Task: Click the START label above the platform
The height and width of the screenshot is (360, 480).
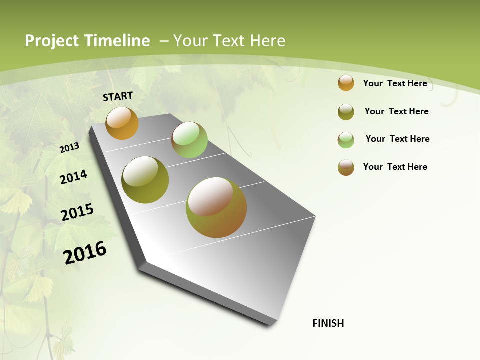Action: (x=118, y=96)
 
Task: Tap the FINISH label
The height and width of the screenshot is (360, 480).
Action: (x=328, y=323)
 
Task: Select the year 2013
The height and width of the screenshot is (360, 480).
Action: (x=69, y=148)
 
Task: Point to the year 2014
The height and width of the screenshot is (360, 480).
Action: (x=73, y=177)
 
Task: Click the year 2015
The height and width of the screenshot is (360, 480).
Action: (x=77, y=212)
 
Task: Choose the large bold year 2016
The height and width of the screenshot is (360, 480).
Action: (x=85, y=253)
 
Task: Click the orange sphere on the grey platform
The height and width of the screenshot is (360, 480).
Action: (x=122, y=123)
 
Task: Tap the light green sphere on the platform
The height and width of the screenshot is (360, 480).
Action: (x=189, y=140)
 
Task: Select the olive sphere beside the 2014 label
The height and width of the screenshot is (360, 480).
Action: (x=145, y=180)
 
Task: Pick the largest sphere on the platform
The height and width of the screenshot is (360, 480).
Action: (x=216, y=207)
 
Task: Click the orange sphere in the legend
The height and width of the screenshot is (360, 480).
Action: (x=346, y=83)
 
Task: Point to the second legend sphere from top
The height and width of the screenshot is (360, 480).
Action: (x=346, y=112)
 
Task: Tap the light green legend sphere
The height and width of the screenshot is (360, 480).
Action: (x=346, y=140)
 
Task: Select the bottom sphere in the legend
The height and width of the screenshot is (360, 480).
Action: (x=346, y=167)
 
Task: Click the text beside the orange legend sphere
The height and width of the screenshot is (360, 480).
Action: (x=395, y=83)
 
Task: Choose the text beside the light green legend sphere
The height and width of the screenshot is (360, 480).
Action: (x=397, y=139)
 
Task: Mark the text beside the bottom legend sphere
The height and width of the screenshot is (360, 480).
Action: (x=395, y=167)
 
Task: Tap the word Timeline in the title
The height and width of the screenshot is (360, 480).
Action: (x=117, y=41)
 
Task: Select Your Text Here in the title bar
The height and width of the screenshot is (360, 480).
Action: (x=229, y=41)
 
